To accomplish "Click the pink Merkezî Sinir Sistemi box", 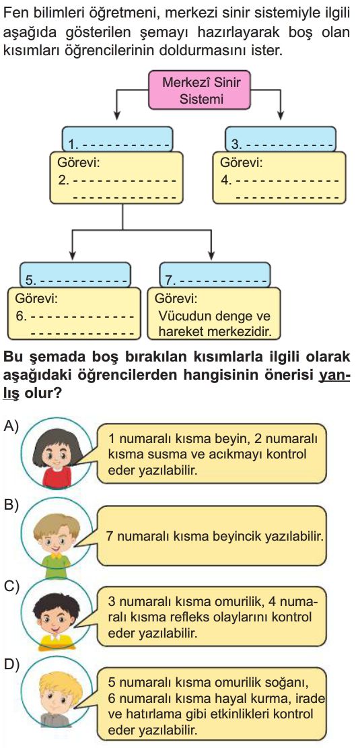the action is tap(201, 90).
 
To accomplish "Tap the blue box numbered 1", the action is tap(117, 138).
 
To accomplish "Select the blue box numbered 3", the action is tap(281, 138).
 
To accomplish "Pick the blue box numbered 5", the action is tap(75, 274).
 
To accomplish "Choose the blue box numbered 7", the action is tap(215, 274).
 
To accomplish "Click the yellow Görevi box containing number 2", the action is tap(116, 178).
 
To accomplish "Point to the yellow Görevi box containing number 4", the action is tap(279, 178).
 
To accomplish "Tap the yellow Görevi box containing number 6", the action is tap(75, 313).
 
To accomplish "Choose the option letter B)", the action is tap(11, 505).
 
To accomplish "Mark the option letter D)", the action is tap(11, 664).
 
